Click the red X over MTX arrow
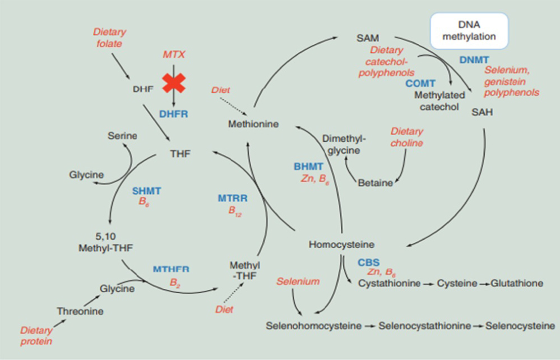(174, 83)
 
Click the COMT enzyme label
(420, 83)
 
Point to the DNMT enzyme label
(474, 59)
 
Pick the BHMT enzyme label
(308, 167)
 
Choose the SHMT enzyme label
(147, 191)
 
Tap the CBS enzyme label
(369, 262)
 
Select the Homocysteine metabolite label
(341, 244)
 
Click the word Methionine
(253, 124)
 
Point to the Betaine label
(375, 183)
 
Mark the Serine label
(123, 136)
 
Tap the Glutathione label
(516, 283)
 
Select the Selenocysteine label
(520, 325)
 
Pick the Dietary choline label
(407, 137)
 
